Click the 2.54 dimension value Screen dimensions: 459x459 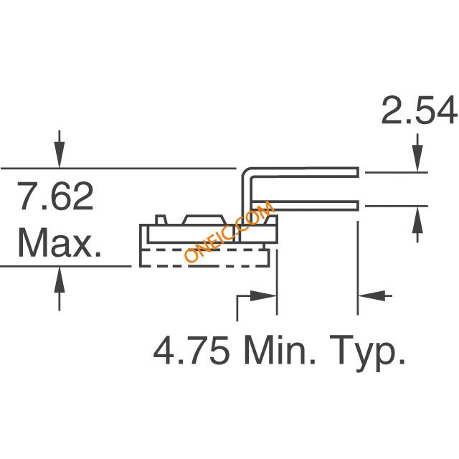(x=419, y=111)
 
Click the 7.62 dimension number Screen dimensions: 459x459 (x=55, y=196)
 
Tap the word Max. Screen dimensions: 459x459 (x=60, y=242)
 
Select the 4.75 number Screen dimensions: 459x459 (x=191, y=350)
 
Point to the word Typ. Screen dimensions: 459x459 (x=368, y=353)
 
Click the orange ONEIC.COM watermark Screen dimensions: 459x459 (x=229, y=231)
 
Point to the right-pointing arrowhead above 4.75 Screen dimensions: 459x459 (x=263, y=296)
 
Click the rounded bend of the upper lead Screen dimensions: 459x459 (x=246, y=172)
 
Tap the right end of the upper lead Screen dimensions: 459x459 (x=359, y=172)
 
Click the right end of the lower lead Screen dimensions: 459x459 (x=359, y=206)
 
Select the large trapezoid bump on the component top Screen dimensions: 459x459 (x=204, y=220)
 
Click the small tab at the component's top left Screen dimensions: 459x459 (x=161, y=220)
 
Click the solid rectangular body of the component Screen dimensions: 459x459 (x=209, y=234)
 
